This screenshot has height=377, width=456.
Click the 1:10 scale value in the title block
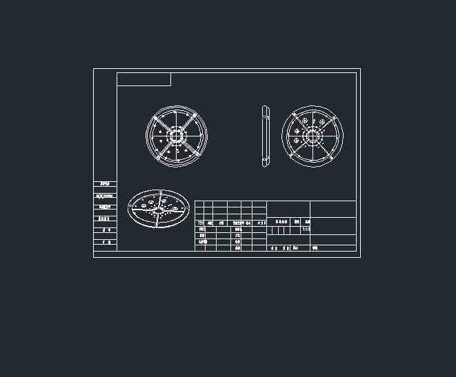click(x=306, y=230)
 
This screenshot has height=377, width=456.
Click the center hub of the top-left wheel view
click(x=177, y=135)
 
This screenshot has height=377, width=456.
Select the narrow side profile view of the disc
click(x=266, y=136)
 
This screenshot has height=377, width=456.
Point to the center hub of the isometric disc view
click(x=159, y=207)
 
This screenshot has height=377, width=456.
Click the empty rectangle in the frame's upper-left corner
click(x=143, y=79)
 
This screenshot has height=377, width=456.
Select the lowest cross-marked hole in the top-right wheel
click(x=297, y=141)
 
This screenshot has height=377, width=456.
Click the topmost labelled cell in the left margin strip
click(x=105, y=184)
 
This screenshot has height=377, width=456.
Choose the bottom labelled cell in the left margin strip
click(x=105, y=243)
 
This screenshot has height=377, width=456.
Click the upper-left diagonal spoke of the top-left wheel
click(x=161, y=121)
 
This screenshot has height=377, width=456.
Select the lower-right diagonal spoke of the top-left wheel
click(x=192, y=150)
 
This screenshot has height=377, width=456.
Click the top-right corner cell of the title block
click(x=333, y=209)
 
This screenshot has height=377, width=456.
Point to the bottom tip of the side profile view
click(x=266, y=165)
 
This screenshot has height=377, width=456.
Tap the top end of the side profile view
click(x=266, y=106)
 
